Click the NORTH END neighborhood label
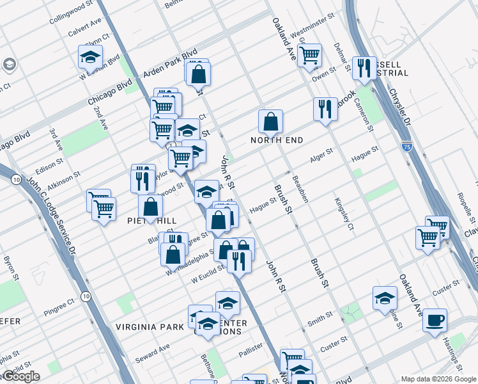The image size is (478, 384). tap(276, 140)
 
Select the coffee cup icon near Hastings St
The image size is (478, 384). tap(435, 319)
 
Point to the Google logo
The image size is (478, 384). tap(20, 376)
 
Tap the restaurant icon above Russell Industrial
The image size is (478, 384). tap(364, 68)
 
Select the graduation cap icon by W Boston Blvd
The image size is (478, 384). tap(90, 56)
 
